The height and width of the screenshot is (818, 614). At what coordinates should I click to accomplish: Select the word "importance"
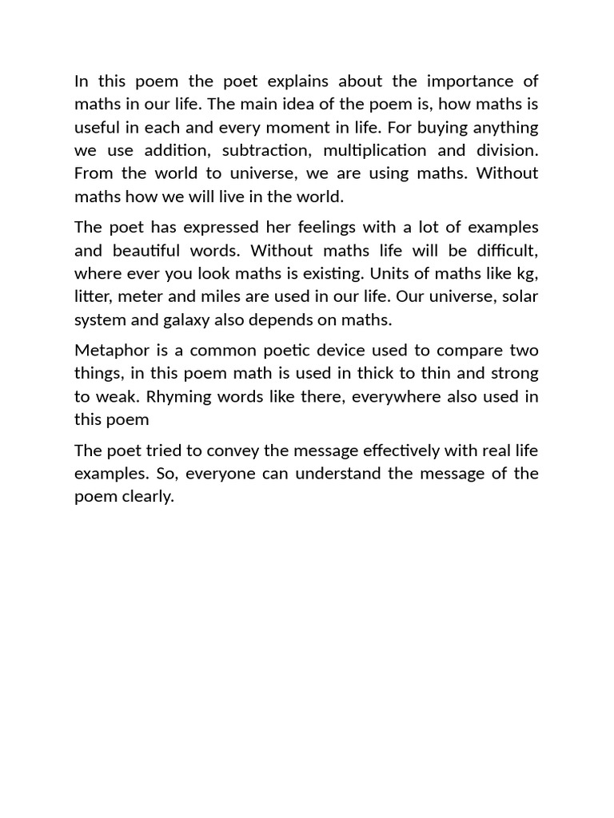point(472,81)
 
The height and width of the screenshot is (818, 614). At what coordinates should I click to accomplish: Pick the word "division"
point(504,150)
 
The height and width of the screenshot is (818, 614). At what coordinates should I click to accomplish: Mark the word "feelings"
point(312,227)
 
